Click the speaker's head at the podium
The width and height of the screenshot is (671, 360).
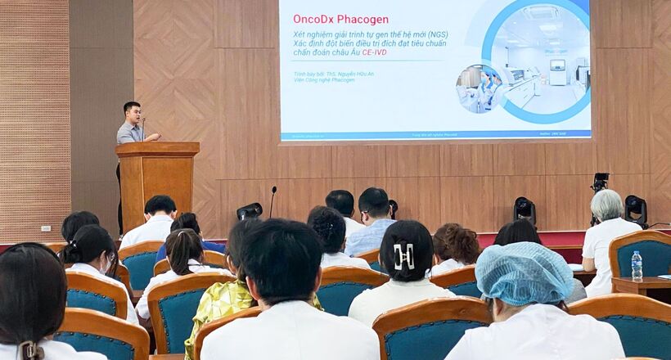click(x=132, y=112)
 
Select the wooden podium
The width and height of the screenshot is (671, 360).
click(x=156, y=180)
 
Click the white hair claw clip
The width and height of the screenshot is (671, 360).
click(x=403, y=256)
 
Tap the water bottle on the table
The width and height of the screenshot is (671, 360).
click(x=637, y=266)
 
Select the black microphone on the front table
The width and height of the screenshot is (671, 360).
click(x=272, y=200)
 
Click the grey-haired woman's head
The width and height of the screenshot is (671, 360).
click(x=606, y=205)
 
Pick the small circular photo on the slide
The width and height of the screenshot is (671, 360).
click(x=478, y=88)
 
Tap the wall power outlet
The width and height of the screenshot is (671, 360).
click(x=46, y=229)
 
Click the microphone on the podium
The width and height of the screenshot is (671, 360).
click(x=143, y=128)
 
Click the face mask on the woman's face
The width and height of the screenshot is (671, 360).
click(x=104, y=265)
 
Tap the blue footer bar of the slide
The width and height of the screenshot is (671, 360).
click(x=435, y=135)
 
